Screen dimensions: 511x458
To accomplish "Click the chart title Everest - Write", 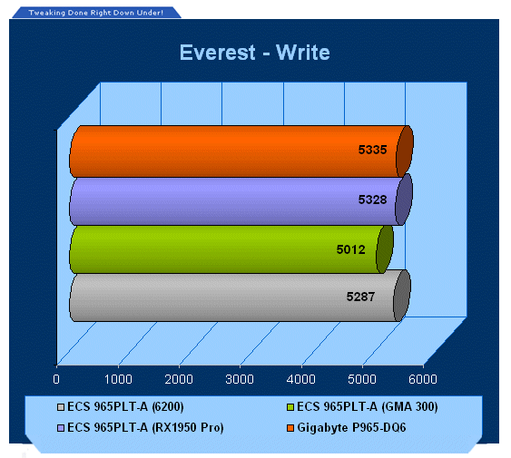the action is pyautogui.click(x=254, y=53).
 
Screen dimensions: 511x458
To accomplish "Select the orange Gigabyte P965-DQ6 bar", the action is pyautogui.click(x=241, y=151).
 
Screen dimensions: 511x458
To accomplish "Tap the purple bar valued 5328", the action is pyautogui.click(x=241, y=200).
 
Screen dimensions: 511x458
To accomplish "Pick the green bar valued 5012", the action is pyautogui.click(x=231, y=249).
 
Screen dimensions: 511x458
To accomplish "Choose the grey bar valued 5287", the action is pyautogui.click(x=240, y=296).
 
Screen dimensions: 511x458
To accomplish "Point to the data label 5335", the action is pyautogui.click(x=372, y=150).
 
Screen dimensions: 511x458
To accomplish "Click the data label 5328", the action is pyautogui.click(x=372, y=200).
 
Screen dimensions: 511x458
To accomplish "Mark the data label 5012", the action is pyautogui.click(x=350, y=249).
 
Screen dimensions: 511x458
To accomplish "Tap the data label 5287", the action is pyautogui.click(x=360, y=297).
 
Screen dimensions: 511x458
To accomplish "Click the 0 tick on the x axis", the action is pyautogui.click(x=56, y=379).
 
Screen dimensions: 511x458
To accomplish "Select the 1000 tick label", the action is pyautogui.click(x=118, y=379).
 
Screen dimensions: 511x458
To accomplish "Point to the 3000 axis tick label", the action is pyautogui.click(x=240, y=379).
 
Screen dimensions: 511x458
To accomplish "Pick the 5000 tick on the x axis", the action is pyautogui.click(x=362, y=379).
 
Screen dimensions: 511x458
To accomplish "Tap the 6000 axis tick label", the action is pyautogui.click(x=423, y=379).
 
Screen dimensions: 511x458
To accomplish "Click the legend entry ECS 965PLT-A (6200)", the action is pyautogui.click(x=120, y=407).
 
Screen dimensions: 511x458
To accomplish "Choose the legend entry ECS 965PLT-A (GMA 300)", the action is pyautogui.click(x=362, y=407).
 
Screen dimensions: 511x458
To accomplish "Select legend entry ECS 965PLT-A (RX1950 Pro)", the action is pyautogui.click(x=141, y=427).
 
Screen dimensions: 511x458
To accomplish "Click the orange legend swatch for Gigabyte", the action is pyautogui.click(x=290, y=428).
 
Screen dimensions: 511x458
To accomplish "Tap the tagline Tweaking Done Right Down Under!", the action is pyautogui.click(x=96, y=13).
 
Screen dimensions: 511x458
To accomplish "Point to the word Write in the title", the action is pyautogui.click(x=303, y=53).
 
